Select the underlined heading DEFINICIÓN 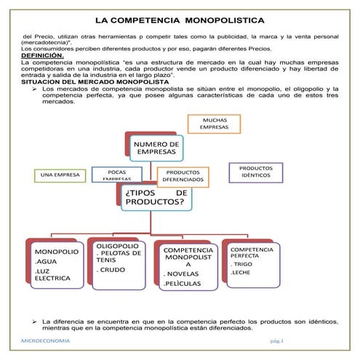43,55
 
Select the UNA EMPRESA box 58,175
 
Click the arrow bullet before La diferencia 34,321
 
